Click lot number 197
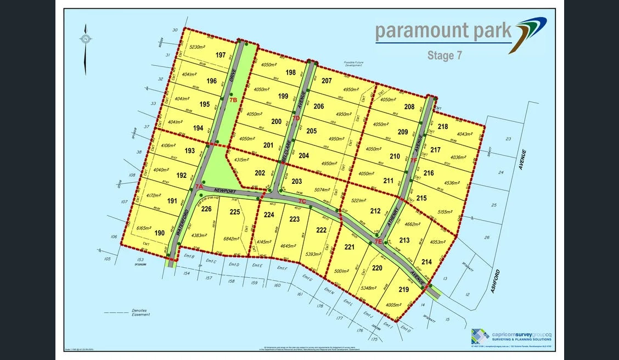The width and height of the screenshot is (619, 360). point(221,55)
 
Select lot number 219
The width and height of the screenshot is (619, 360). point(404,289)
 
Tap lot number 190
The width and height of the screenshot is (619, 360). point(160,233)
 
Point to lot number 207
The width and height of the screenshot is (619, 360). point(327,81)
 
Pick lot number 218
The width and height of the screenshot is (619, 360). point(443,127)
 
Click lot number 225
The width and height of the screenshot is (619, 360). point(234,212)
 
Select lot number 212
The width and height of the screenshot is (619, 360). point(375,211)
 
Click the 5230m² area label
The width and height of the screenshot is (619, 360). point(196,48)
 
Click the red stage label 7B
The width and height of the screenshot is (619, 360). point(233,100)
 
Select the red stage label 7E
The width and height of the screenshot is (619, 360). point(378,241)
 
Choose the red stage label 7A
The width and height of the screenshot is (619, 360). point(199,187)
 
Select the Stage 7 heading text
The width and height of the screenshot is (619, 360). point(444,55)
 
